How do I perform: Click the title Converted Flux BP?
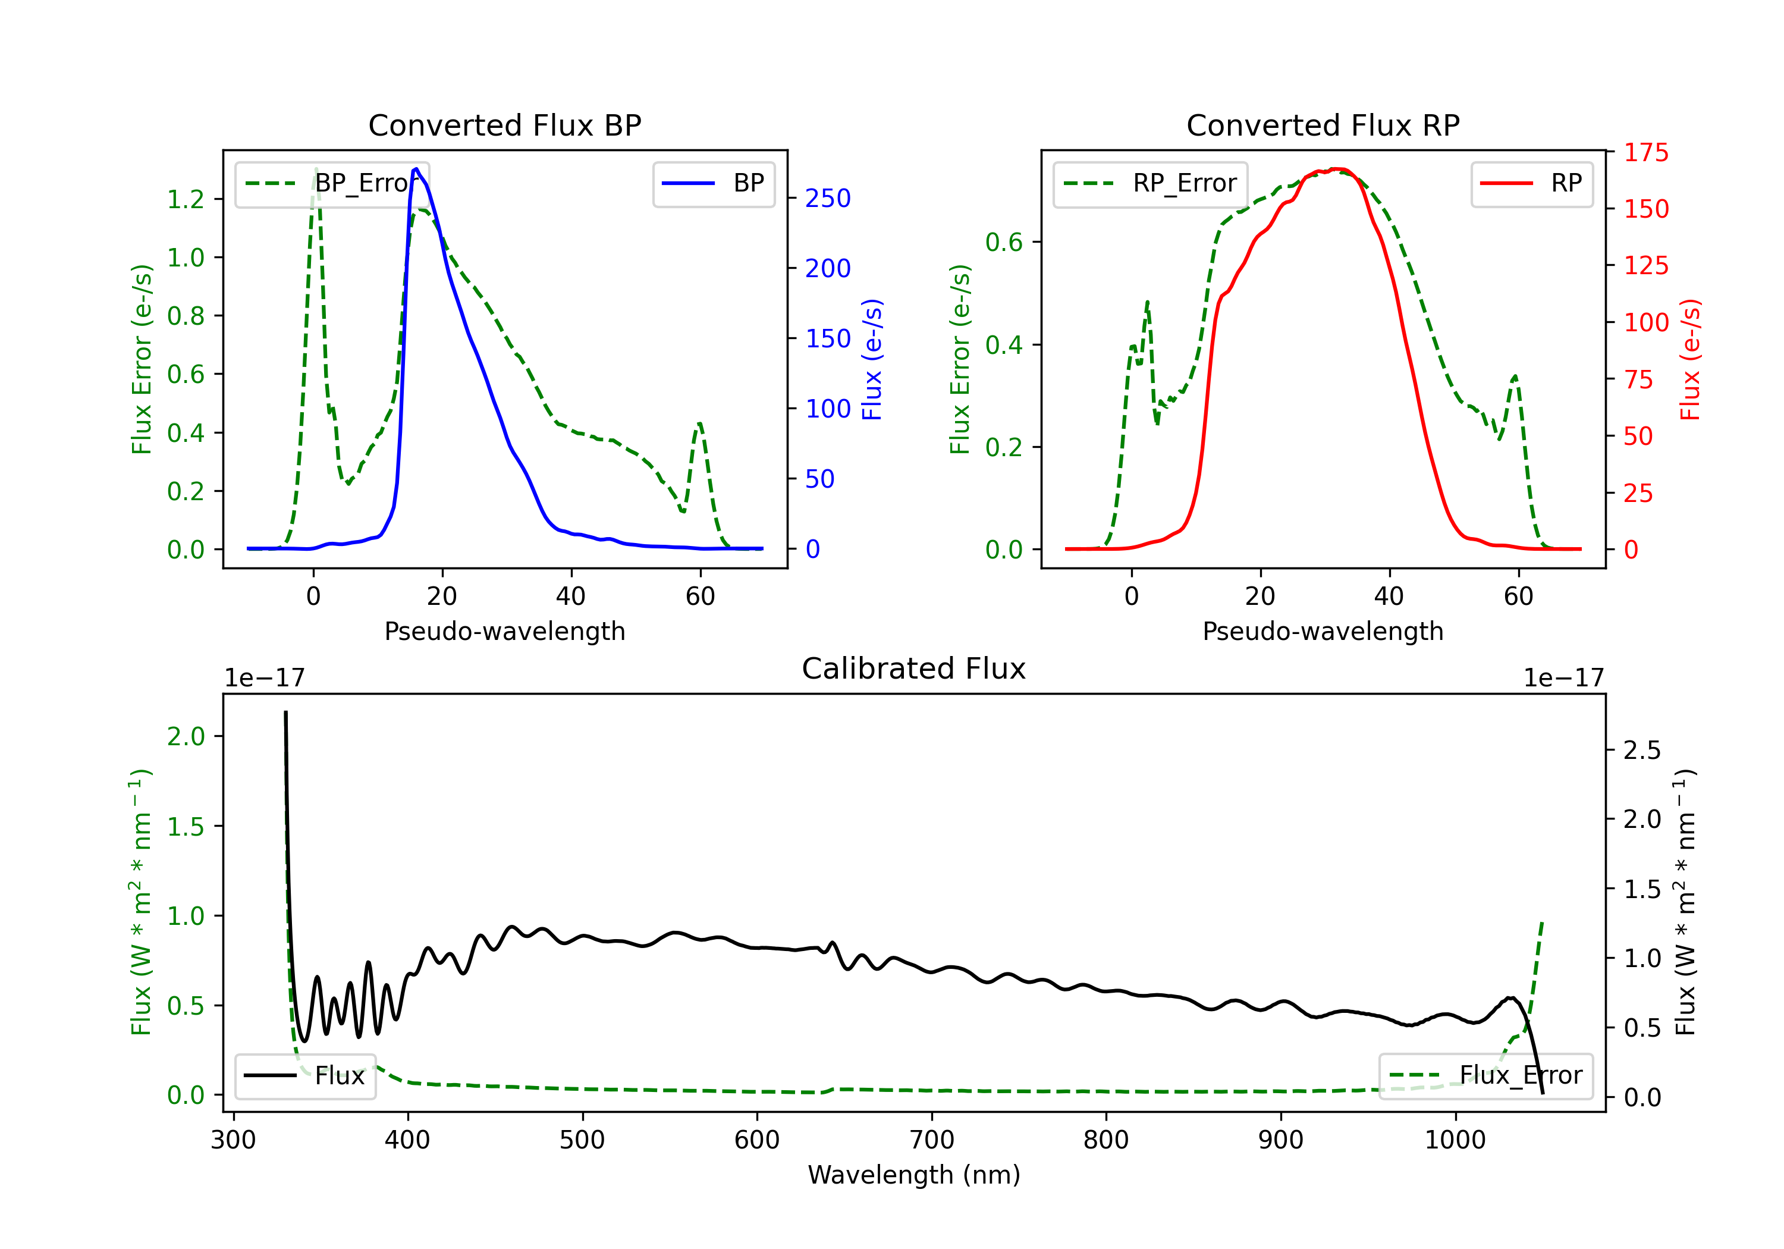click(504, 125)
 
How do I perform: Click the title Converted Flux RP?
click(1323, 125)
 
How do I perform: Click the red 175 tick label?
click(1645, 153)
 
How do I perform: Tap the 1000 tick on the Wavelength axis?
click(1455, 1140)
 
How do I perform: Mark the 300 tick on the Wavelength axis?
click(233, 1140)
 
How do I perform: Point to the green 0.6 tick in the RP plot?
click(1004, 243)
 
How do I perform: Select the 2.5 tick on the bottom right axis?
click(1642, 750)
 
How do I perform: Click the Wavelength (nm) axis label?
click(914, 1175)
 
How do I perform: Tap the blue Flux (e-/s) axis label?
click(872, 359)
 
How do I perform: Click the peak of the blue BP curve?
click(416, 169)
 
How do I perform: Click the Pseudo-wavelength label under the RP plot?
click(1323, 631)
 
